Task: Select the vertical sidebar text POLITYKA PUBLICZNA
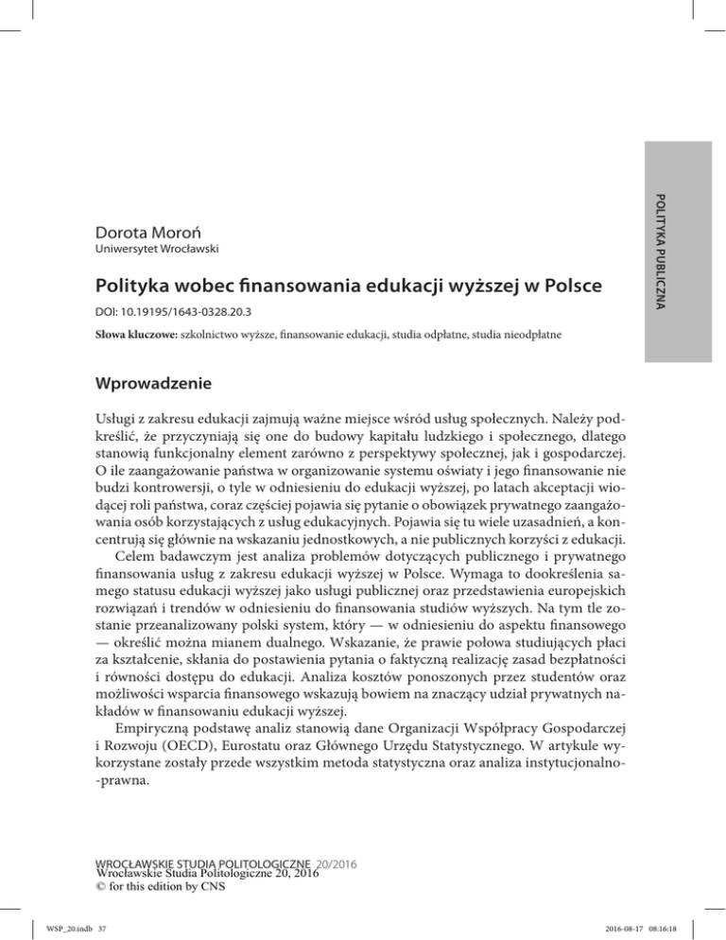pos(665,236)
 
